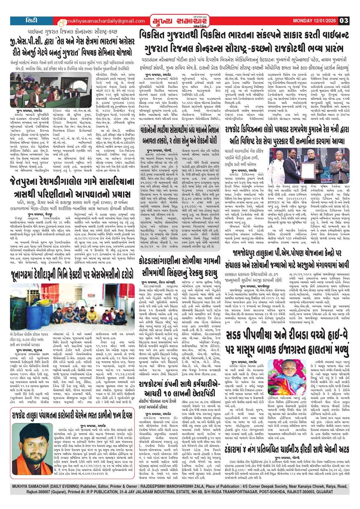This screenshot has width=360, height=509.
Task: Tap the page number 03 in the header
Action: [x=344, y=21]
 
